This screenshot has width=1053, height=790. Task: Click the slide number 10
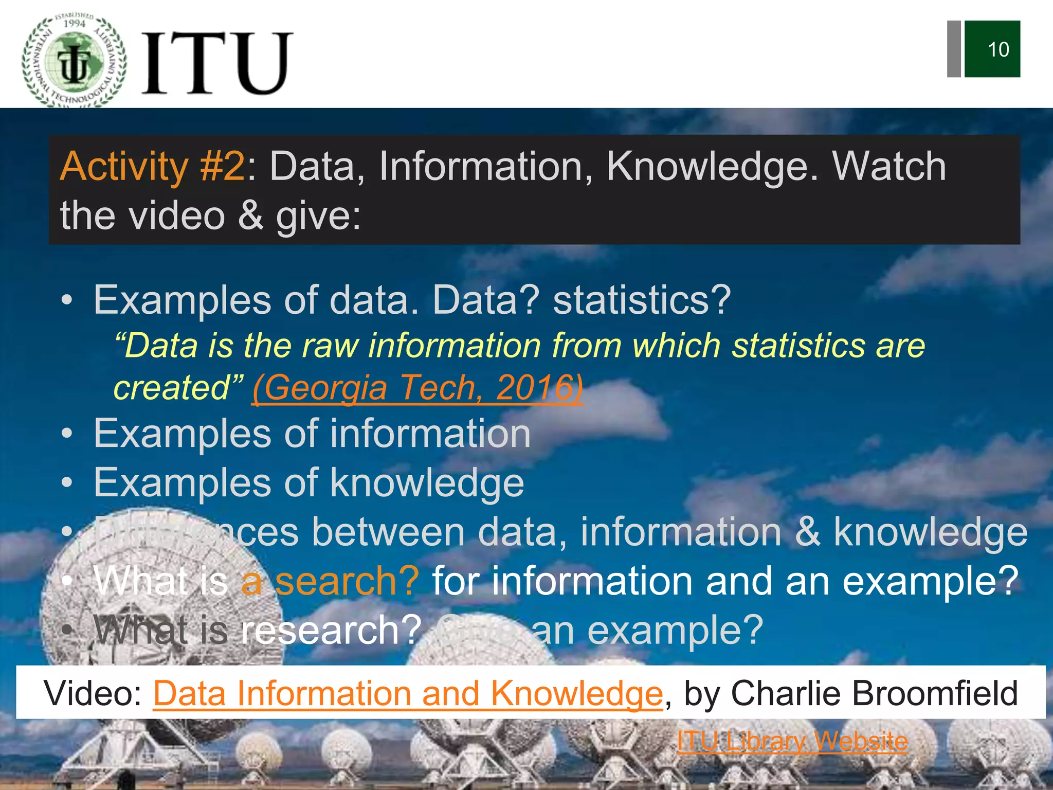coord(997,50)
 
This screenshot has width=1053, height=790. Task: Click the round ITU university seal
coord(74,61)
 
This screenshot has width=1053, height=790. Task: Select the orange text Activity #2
coord(153,167)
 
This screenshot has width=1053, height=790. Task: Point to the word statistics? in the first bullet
coord(642,300)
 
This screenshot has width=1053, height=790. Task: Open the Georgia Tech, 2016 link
coord(417,388)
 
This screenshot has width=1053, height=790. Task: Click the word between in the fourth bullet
coord(388,532)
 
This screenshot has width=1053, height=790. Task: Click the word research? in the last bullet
coord(331,631)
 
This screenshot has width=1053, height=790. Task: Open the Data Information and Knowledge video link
coord(408,693)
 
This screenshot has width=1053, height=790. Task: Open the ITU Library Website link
coord(792,742)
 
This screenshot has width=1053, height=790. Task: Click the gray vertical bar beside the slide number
coord(954,49)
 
